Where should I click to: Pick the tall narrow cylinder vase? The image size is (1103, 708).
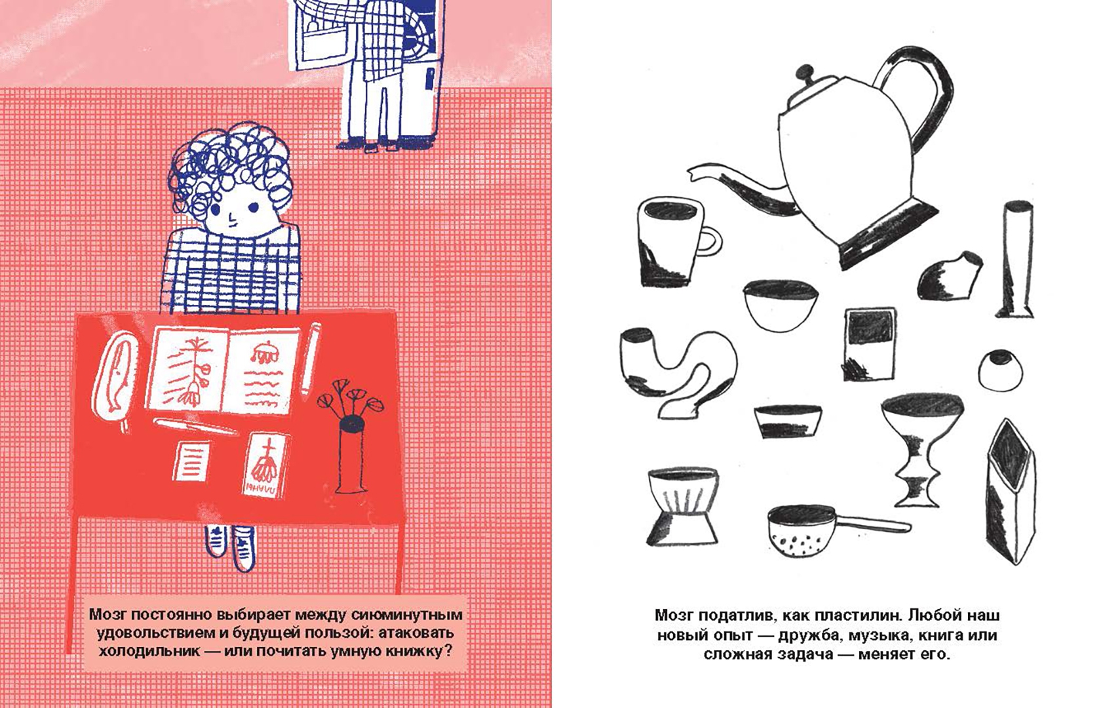coord(1016,259)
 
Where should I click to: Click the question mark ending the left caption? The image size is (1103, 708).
coord(448,652)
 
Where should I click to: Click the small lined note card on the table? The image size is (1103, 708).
coord(191,460)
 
